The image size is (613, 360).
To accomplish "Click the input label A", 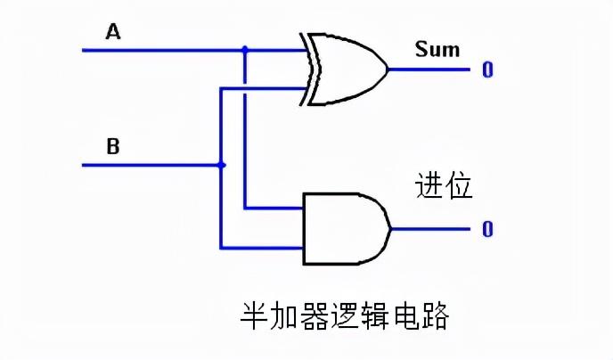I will (x=113, y=32).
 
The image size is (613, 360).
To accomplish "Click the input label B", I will (x=113, y=146).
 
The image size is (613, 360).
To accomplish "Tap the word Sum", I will (x=437, y=48).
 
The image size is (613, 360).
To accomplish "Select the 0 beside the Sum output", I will (x=487, y=70).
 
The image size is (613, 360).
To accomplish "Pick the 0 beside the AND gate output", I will (x=487, y=229).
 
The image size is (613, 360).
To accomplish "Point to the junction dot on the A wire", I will (x=246, y=50).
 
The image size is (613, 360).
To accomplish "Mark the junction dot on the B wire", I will (x=221, y=165).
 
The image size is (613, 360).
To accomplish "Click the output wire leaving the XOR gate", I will (x=428, y=70).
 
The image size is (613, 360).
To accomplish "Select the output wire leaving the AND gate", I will (x=428, y=229).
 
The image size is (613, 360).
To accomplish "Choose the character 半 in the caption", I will (x=256, y=316).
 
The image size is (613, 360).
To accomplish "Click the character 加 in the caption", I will (x=286, y=316).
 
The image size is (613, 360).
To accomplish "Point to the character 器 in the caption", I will (x=315, y=316).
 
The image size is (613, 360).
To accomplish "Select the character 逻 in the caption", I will (x=346, y=316).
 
